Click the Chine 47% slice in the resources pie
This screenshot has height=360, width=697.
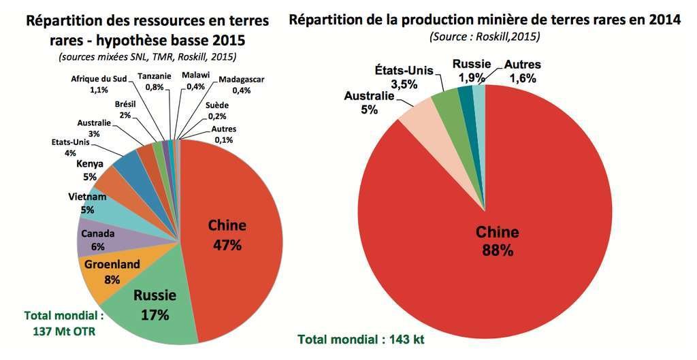(x=235, y=225)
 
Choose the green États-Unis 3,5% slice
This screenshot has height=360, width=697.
(x=446, y=99)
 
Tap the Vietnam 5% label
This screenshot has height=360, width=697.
(x=87, y=203)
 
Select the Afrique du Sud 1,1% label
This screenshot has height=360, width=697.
(x=99, y=83)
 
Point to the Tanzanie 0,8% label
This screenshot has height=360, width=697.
(x=154, y=81)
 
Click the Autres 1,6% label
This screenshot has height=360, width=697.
(x=522, y=71)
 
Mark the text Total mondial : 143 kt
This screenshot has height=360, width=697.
(x=361, y=338)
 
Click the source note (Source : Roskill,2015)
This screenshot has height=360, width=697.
(x=484, y=36)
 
